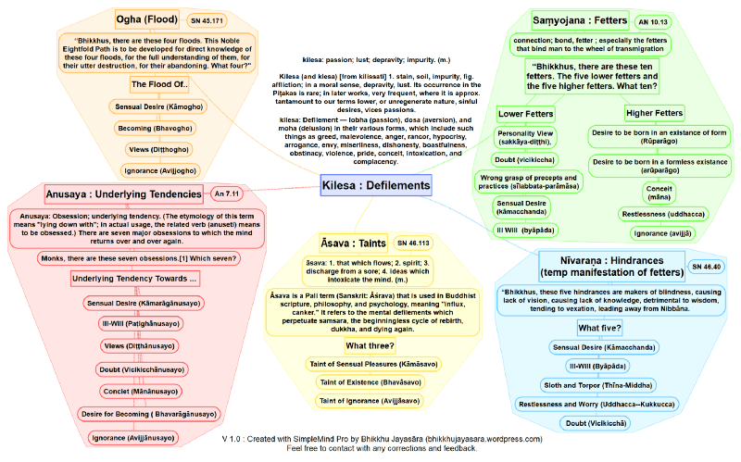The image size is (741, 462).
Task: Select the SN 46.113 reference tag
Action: (x=414, y=243)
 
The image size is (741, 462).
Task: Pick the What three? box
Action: (x=370, y=345)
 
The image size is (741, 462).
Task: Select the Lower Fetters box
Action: (x=525, y=113)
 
